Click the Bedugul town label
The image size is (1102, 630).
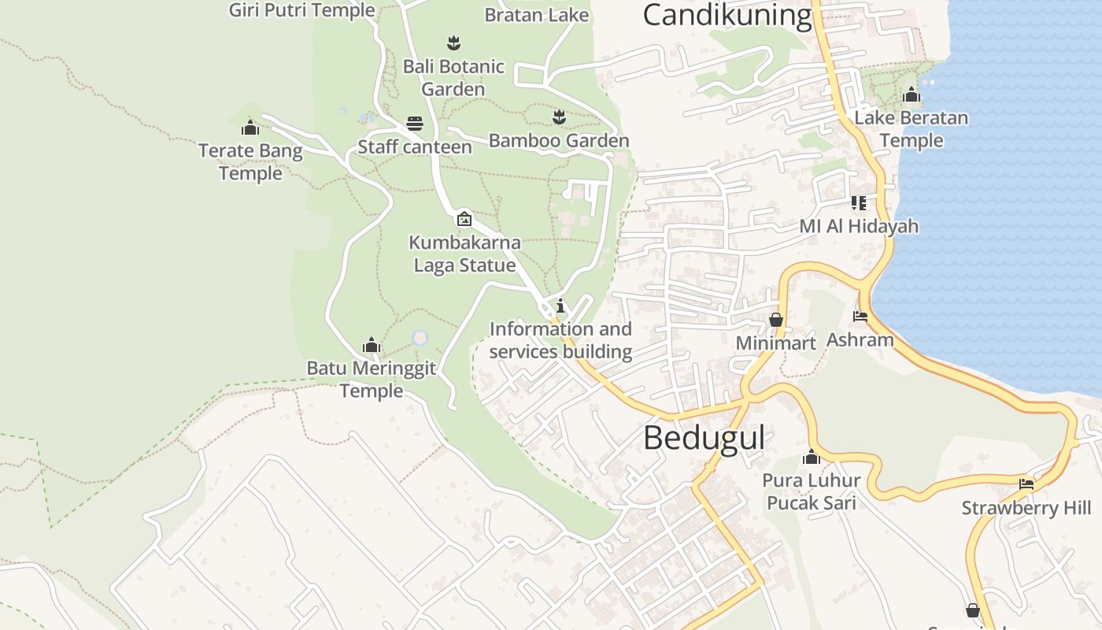704,438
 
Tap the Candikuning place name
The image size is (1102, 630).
727,14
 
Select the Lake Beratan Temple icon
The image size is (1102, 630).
912,95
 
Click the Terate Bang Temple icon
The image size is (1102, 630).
250,127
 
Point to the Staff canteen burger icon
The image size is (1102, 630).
415,124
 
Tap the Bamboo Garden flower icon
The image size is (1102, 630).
559,117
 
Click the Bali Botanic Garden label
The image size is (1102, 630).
453,77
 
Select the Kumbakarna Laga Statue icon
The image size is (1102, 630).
464,219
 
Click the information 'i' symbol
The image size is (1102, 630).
560,306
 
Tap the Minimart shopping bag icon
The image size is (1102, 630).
776,320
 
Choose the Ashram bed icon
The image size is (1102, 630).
860,317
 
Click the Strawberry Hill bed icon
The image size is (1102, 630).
1026,484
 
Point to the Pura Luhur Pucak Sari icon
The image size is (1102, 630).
812,457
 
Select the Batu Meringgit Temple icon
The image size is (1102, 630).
371,345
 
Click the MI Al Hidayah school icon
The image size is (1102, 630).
859,203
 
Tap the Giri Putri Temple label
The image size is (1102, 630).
301,10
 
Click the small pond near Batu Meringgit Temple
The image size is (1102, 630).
420,338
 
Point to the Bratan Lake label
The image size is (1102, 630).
536,14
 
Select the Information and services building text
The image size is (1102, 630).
560,340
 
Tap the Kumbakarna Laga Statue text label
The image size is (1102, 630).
464,254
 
